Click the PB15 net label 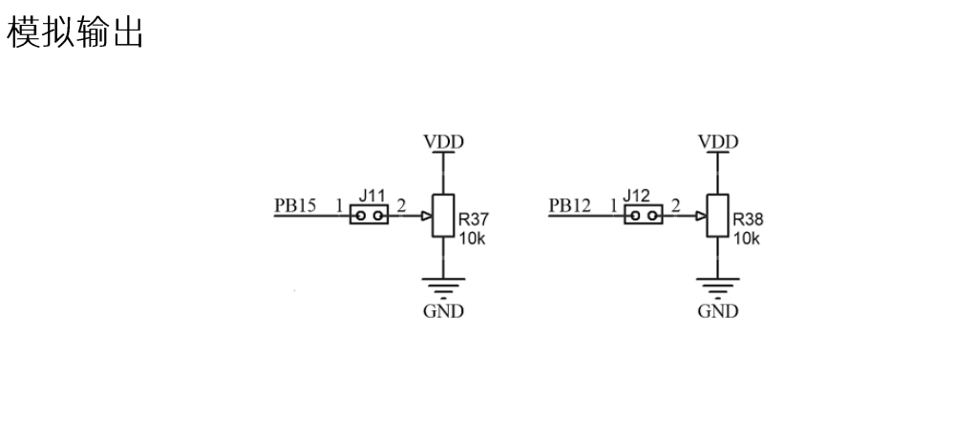[295, 204]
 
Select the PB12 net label [570, 204]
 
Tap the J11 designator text [372, 197]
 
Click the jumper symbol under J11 [369, 217]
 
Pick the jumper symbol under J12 [644, 217]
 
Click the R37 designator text [471, 219]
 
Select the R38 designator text [748, 219]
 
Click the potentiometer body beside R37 [443, 216]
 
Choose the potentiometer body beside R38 [718, 216]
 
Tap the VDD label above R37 [443, 141]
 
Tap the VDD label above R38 [718, 141]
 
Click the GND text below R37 [443, 312]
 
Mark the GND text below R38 [718, 312]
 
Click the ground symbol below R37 [443, 286]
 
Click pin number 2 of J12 [675, 204]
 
